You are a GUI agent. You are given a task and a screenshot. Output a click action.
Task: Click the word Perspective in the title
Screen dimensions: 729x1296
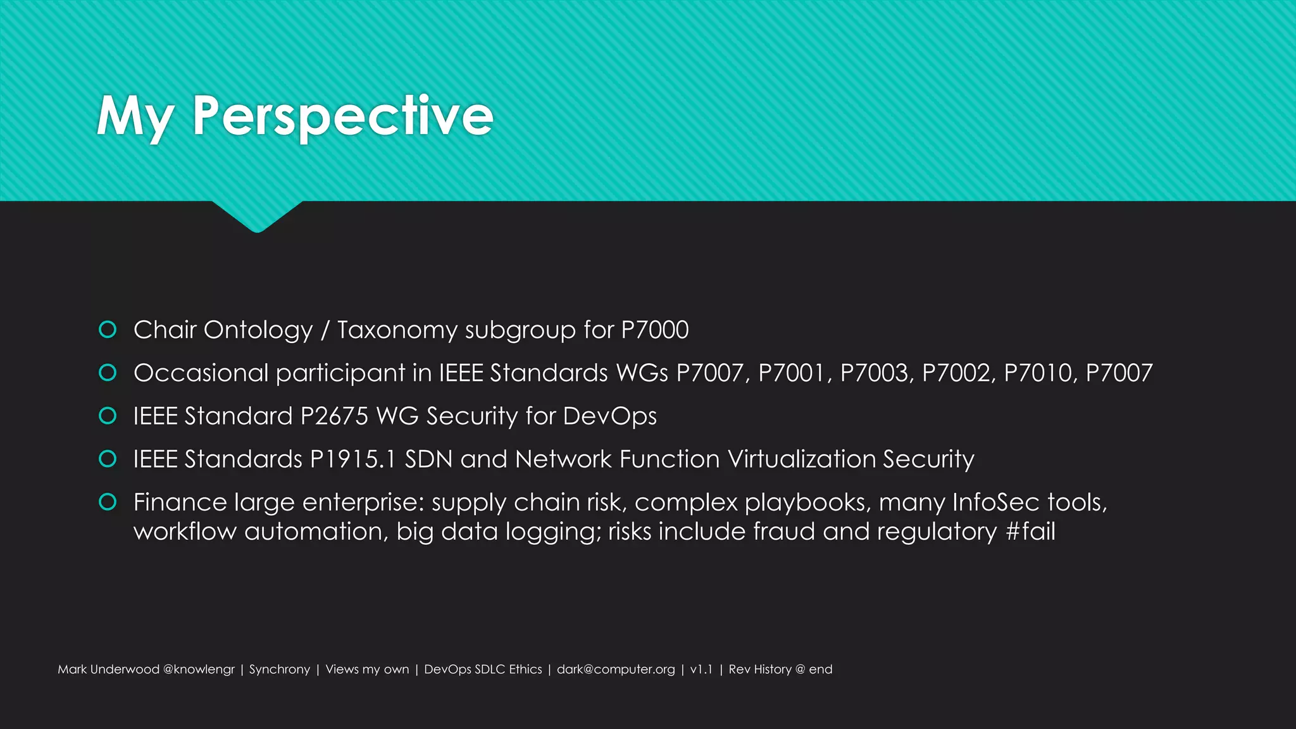pos(342,116)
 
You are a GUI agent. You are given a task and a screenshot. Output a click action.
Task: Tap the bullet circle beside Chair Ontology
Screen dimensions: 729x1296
pos(108,330)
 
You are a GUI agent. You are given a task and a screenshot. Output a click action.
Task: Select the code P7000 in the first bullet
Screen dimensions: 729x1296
pos(654,330)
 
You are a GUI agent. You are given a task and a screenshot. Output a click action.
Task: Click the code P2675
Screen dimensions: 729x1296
pos(334,416)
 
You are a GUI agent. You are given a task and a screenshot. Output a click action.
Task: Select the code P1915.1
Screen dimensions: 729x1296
pos(352,459)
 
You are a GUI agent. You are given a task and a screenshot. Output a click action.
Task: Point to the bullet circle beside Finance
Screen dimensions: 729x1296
pos(108,502)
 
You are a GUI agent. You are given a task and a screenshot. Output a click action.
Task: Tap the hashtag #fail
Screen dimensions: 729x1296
pos(1030,532)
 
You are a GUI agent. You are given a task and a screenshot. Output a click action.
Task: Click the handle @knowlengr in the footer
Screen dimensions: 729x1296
pos(199,670)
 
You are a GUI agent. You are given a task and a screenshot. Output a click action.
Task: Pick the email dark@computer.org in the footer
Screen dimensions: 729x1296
pos(616,670)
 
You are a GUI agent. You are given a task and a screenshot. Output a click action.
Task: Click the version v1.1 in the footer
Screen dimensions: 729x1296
pos(701,670)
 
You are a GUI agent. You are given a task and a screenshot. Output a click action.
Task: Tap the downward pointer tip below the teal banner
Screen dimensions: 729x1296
pos(257,230)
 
